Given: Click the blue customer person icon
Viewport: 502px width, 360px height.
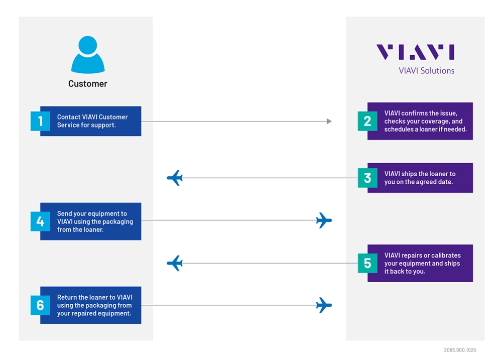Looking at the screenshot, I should (88, 55).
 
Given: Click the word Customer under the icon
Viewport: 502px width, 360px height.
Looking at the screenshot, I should (88, 84).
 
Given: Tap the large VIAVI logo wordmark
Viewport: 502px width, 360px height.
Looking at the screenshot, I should (415, 52).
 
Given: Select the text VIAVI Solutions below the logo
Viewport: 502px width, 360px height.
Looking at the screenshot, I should (426, 71).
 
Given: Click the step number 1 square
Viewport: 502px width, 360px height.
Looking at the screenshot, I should (40, 121).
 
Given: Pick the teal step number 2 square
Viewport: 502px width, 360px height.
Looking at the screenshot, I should (367, 121).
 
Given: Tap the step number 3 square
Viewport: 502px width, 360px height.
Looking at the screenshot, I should (367, 178).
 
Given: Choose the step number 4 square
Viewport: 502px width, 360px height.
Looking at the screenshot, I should (40, 221).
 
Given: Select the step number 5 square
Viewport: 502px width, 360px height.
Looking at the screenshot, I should (367, 263).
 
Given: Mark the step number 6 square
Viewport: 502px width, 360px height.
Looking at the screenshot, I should (40, 305).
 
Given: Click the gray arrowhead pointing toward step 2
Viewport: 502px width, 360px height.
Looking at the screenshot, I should (329, 121).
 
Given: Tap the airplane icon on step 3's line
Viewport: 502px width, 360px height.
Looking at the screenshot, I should (174, 178).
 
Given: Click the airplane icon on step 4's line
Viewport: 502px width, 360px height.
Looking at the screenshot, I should (324, 220).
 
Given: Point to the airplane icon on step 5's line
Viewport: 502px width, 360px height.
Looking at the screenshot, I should (174, 263).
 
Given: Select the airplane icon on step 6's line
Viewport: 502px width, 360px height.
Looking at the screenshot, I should (324, 305).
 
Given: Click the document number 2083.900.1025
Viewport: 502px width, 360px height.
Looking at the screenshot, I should (460, 350).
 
